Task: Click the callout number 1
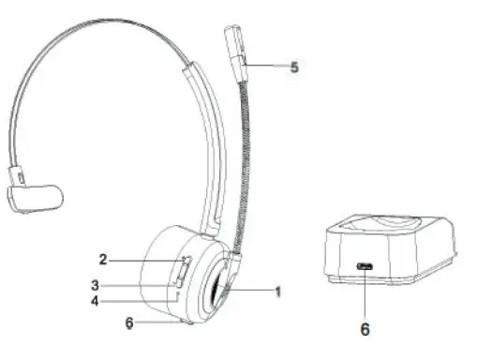pos(278,291)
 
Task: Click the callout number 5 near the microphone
pos(294,68)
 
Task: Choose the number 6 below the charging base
pos(365,329)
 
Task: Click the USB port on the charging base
pos(365,267)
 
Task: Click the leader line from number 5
pos(266,66)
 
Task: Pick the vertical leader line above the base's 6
pos(365,295)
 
